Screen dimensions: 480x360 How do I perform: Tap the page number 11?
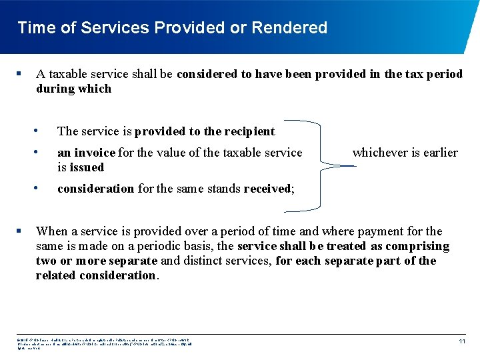point(461,341)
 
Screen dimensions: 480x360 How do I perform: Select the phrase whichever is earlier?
point(405,153)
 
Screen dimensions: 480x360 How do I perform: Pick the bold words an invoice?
point(86,153)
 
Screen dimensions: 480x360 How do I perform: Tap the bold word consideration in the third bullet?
point(95,189)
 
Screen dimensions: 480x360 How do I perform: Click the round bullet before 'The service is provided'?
point(42,131)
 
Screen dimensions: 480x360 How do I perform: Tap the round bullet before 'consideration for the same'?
point(42,187)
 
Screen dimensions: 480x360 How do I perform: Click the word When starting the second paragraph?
point(51,231)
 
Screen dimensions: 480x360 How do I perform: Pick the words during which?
point(73,89)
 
